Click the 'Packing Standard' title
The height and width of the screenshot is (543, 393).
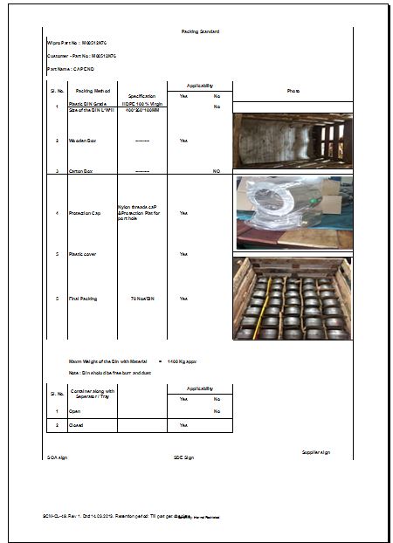click(x=200, y=31)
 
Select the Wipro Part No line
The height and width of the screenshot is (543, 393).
click(x=78, y=43)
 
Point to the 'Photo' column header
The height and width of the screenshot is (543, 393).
click(x=293, y=91)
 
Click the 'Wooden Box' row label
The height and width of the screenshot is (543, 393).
click(x=82, y=140)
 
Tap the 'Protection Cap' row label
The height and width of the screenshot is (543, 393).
click(x=86, y=213)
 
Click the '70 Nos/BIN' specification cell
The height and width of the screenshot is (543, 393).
click(x=141, y=299)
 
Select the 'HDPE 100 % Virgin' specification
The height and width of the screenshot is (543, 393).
click(x=141, y=103)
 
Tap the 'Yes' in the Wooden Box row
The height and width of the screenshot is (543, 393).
click(x=183, y=140)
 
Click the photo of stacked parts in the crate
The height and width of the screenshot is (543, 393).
click(x=293, y=298)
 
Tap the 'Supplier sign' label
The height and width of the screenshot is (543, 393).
click(x=315, y=452)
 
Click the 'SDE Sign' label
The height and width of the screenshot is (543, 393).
click(x=183, y=457)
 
